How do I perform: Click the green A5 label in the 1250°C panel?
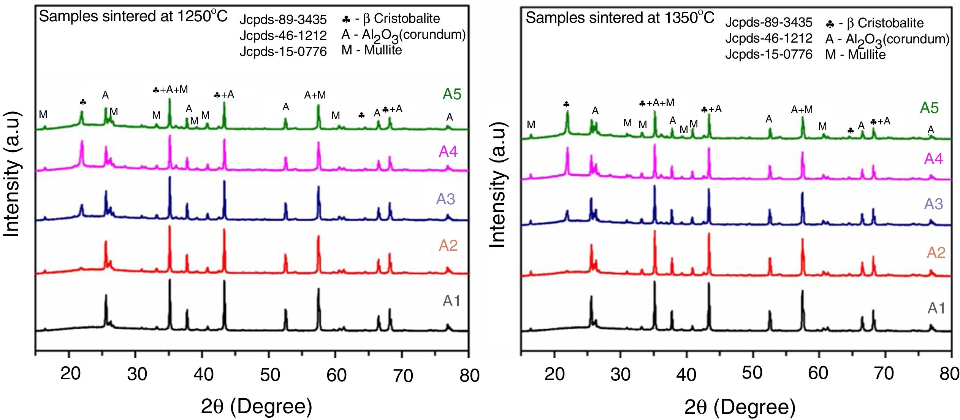pos(451,94)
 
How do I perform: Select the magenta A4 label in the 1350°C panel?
pos(933,159)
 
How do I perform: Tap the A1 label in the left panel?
pos(451,301)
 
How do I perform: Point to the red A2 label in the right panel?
pos(936,253)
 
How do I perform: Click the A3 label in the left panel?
pos(445,199)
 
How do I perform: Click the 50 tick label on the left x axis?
pos(270,375)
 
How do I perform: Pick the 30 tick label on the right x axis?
pos(620,374)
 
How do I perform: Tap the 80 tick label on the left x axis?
pos(469,375)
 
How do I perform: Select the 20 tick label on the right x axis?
pos(554,374)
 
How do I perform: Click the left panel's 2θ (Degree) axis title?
pos(257,406)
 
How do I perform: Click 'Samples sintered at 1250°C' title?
pos(133,16)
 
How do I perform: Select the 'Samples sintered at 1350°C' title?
pos(619,17)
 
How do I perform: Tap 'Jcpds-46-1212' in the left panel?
pos(283,35)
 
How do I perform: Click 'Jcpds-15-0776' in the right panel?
pos(768,54)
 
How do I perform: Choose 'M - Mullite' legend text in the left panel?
pos(371,50)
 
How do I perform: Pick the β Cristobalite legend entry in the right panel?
pos(874,23)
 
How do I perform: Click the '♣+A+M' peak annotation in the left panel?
pos(170,90)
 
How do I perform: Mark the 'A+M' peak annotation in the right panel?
pos(802,110)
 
